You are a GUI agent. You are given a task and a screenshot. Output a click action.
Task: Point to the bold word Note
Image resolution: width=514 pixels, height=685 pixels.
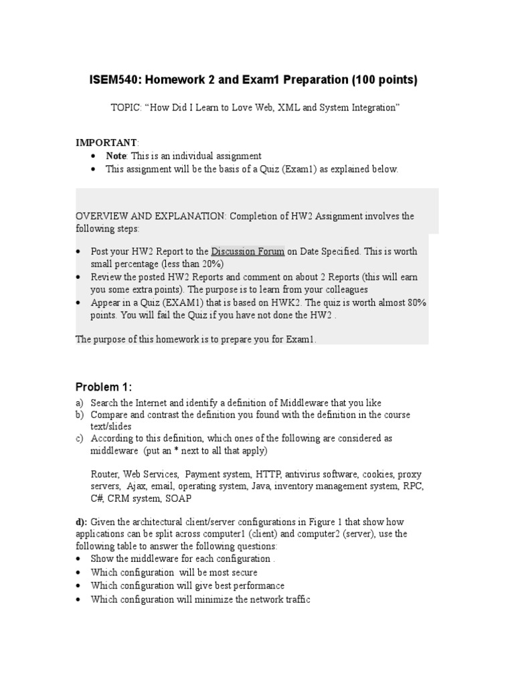click(116, 156)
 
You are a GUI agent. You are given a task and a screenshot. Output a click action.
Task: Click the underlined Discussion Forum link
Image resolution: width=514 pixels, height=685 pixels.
click(248, 252)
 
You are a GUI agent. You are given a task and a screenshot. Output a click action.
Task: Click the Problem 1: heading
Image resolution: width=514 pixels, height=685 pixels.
click(104, 387)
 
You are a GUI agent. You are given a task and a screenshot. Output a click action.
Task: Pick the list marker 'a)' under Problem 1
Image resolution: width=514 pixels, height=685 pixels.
click(80, 403)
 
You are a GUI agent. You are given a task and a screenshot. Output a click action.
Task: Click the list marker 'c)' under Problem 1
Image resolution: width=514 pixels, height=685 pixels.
click(80, 439)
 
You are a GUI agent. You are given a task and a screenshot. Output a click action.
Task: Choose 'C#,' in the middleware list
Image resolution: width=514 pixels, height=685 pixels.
click(98, 498)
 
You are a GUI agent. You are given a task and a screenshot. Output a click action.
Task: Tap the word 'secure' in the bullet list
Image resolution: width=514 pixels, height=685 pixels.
click(242, 573)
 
